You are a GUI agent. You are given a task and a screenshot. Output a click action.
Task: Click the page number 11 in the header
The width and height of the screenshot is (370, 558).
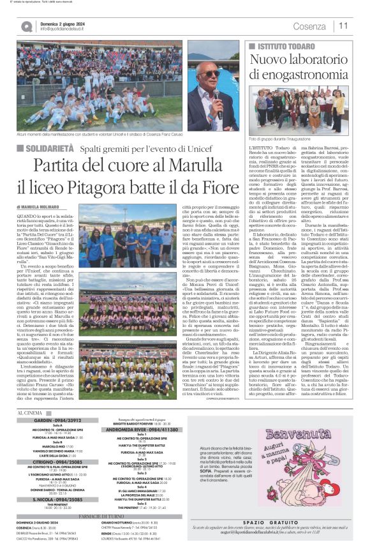tap(343, 26)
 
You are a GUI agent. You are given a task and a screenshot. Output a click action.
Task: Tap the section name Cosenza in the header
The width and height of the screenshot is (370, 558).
tap(309, 26)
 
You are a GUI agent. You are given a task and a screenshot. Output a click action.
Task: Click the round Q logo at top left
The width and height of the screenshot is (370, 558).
tap(26, 26)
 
